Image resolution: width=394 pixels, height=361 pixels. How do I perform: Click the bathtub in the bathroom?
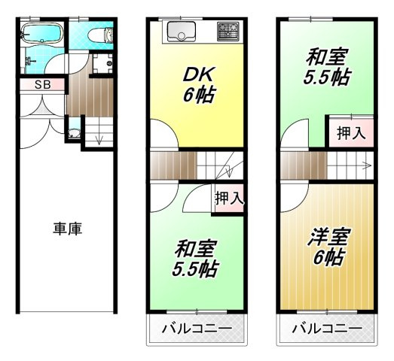pyautogui.click(x=41, y=34)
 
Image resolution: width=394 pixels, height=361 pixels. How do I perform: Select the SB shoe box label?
pyautogui.click(x=41, y=84)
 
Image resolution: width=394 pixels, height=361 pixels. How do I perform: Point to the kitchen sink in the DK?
pyautogui.click(x=182, y=32)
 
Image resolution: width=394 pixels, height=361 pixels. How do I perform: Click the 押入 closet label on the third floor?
pyautogui.click(x=350, y=133)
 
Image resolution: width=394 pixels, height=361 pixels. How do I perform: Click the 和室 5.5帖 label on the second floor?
pyautogui.click(x=197, y=258)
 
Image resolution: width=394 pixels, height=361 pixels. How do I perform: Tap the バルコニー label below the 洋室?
pyautogui.click(x=326, y=329)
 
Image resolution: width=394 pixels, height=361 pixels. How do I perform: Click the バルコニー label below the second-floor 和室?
pyautogui.click(x=197, y=329)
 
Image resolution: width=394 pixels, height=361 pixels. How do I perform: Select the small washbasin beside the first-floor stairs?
pyautogui.click(x=73, y=135)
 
